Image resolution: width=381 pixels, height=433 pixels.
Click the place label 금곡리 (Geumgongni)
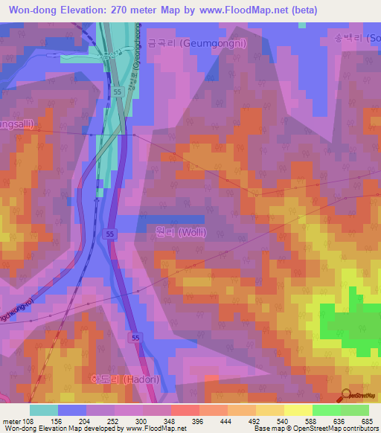[208, 43]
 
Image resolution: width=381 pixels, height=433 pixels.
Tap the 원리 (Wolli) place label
[181, 233]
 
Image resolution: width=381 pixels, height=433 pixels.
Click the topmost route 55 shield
[118, 91]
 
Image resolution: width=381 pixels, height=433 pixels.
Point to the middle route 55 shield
[109, 234]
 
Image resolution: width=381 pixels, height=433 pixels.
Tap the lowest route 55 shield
[136, 338]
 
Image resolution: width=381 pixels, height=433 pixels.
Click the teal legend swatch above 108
[44, 410]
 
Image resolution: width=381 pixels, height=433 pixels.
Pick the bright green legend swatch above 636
[326, 410]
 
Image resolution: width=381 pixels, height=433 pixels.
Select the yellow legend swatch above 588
[298, 410]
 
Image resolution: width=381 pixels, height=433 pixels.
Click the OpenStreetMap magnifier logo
[347, 394]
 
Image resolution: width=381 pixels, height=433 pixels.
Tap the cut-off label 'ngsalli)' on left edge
[16, 124]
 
